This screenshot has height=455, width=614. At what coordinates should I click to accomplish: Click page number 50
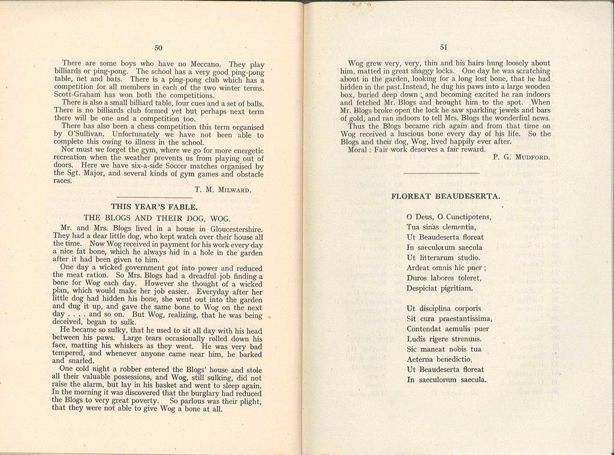click(158, 48)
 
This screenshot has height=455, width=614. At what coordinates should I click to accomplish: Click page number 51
click(444, 47)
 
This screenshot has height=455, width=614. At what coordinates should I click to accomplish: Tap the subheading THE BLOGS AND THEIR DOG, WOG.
click(157, 218)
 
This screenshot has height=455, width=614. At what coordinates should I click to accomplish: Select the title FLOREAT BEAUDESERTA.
click(446, 196)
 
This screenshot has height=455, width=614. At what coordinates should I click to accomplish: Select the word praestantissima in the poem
click(464, 318)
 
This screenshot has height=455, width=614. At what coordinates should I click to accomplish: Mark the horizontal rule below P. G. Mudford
click(441, 173)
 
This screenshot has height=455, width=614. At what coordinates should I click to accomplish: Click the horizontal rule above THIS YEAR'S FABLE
click(153, 197)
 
